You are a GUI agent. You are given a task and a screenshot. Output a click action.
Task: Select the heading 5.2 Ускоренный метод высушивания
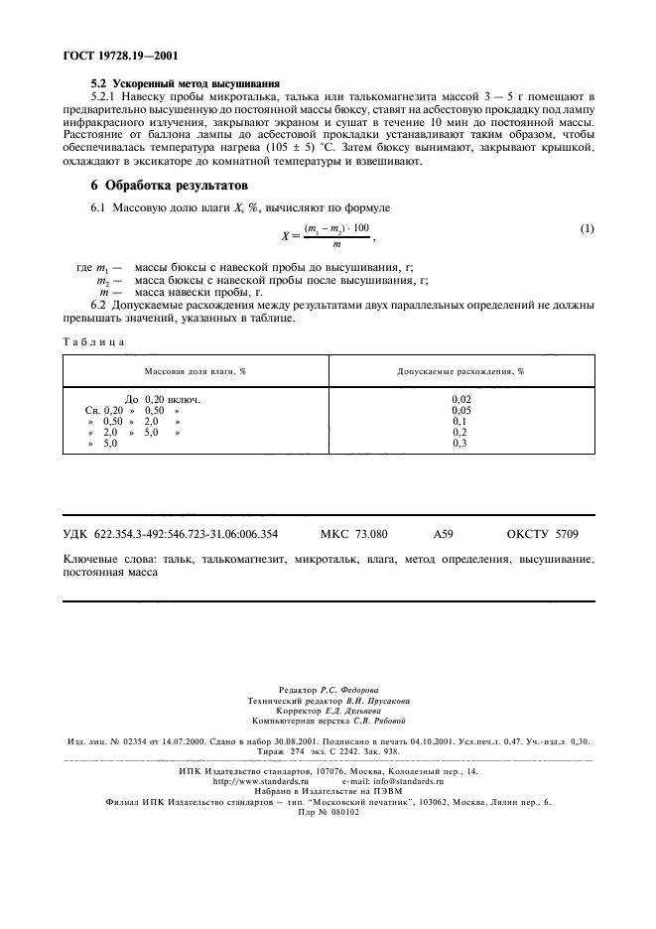[185, 83]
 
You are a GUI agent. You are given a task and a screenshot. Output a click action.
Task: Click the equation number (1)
[587, 229]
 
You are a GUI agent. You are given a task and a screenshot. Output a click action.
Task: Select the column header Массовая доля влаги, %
[196, 370]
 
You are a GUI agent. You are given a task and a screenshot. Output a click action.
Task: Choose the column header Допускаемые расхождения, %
[460, 370]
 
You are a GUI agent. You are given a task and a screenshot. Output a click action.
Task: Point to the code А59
[444, 534]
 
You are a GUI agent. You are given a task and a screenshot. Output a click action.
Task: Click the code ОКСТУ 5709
[542, 534]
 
